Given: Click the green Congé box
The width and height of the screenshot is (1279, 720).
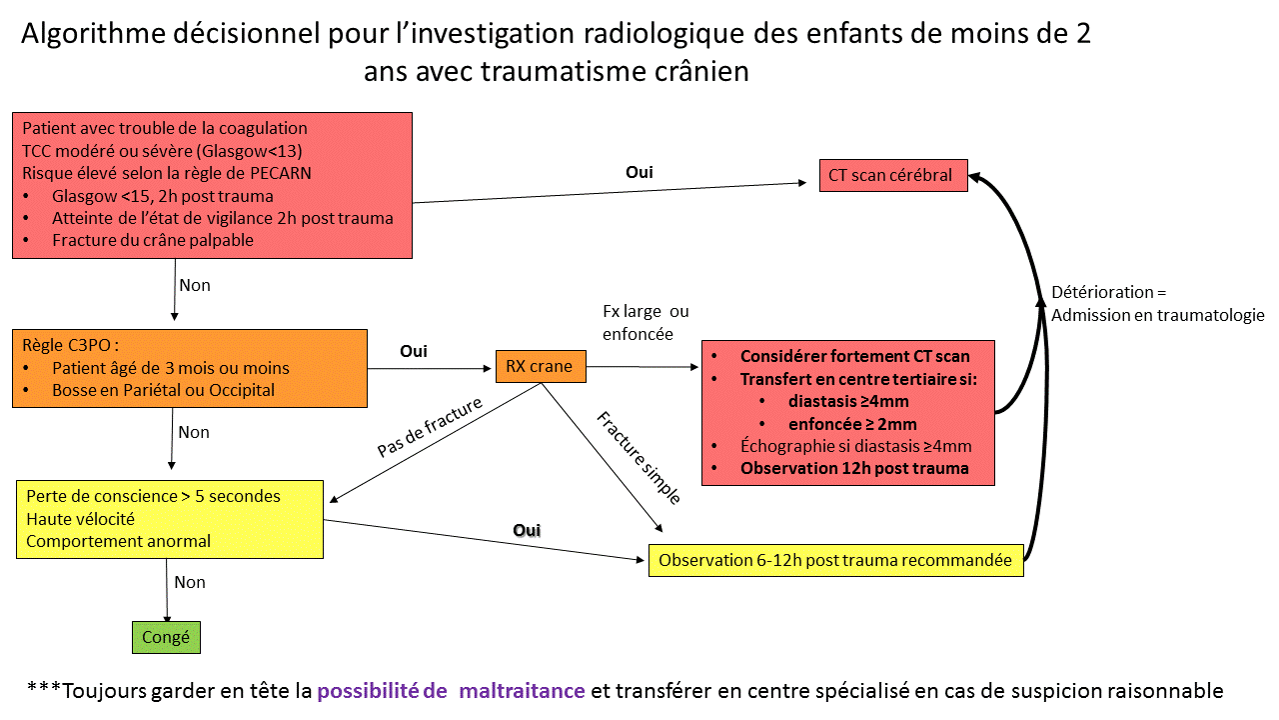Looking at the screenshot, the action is (166, 637).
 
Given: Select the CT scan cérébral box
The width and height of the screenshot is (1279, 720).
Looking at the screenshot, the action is (893, 175).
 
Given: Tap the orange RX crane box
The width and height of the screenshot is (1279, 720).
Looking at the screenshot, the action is (541, 366).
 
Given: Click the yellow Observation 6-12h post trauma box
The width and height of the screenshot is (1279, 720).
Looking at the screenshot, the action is (836, 560).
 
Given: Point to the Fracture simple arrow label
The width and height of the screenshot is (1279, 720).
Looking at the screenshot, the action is (639, 458).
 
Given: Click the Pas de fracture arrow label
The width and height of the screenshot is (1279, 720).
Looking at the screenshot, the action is (430, 427).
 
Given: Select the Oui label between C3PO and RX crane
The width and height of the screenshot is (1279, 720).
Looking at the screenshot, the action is (414, 351).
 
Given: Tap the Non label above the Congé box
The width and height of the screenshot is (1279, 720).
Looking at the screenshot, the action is (190, 582).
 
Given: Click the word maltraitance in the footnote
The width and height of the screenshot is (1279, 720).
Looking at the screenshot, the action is (522, 691).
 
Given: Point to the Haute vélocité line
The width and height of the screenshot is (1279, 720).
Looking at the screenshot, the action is (81, 519).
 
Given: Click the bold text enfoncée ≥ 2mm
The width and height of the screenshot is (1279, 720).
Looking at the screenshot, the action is (852, 424).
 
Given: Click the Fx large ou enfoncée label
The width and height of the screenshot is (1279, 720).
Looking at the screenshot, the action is (645, 323).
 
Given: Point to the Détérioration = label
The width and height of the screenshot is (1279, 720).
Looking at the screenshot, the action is (1109, 292).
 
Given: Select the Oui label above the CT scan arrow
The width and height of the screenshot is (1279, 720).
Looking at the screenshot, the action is (639, 172).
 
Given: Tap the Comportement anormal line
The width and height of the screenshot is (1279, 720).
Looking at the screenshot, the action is (118, 541).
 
